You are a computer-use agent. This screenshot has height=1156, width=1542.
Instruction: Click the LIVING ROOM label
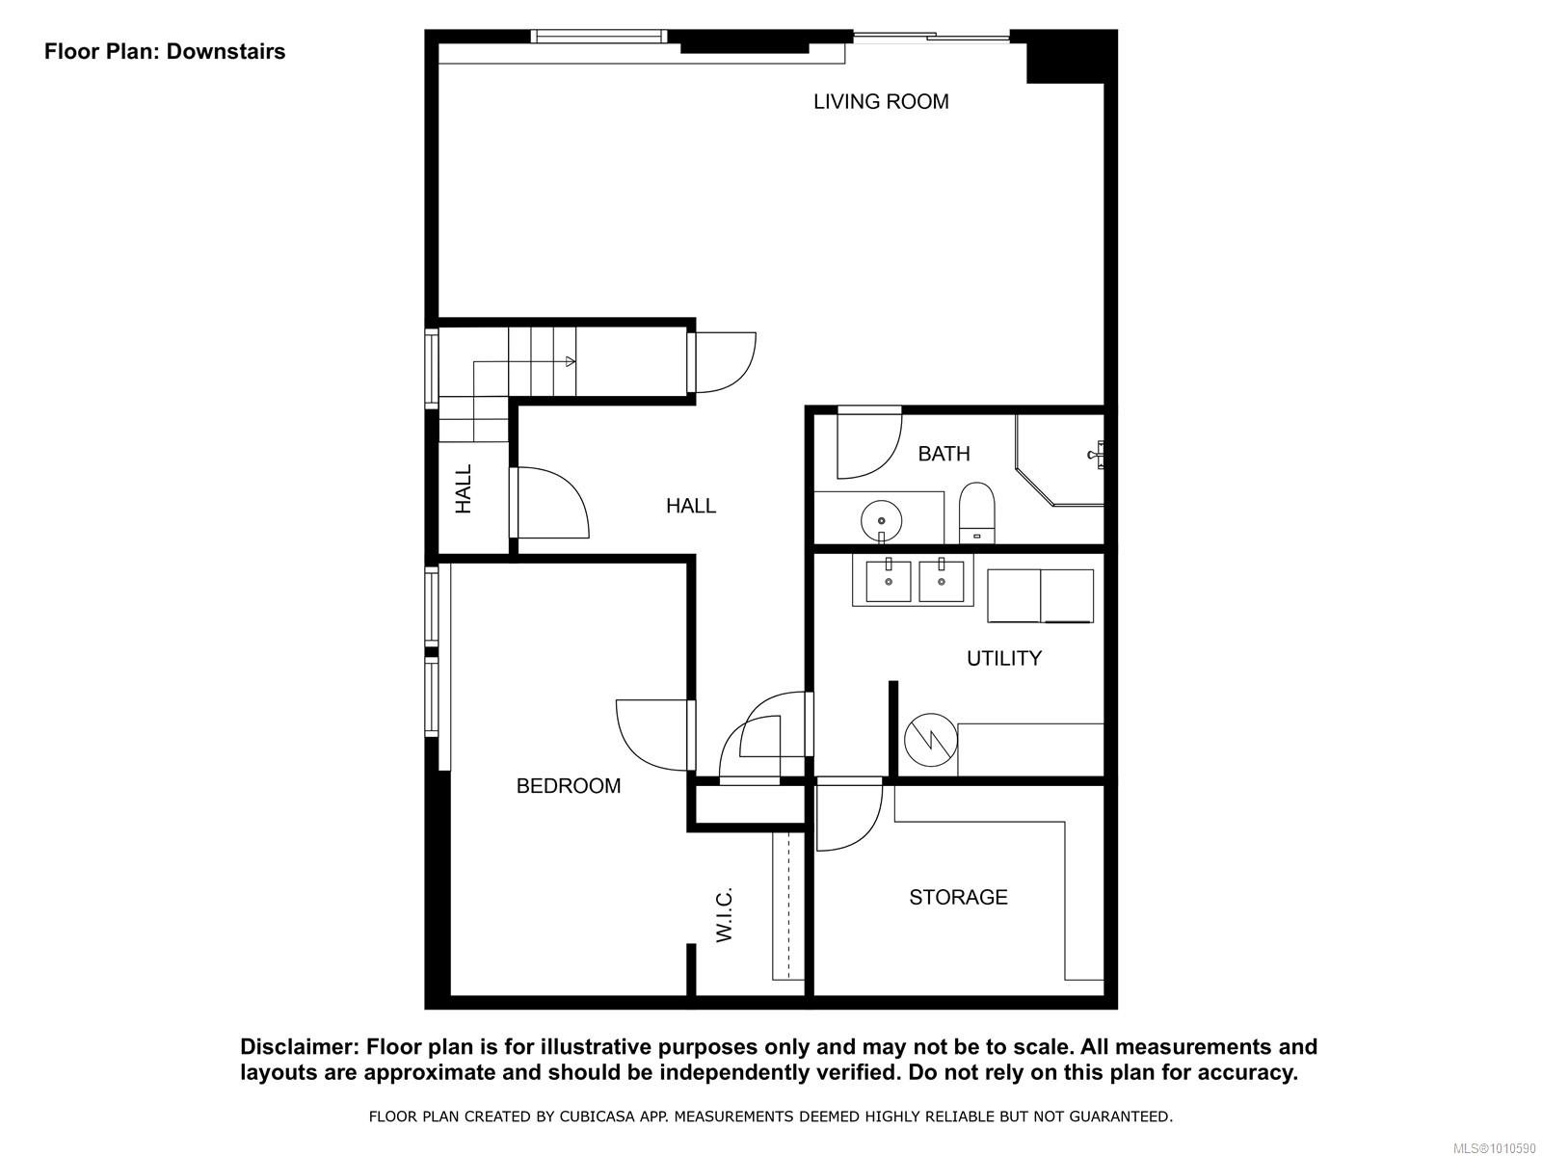click(881, 101)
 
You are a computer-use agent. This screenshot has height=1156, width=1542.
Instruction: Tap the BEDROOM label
click(569, 786)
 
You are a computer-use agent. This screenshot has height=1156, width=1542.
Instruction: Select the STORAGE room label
click(958, 897)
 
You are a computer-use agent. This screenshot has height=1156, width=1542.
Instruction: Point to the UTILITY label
click(1004, 658)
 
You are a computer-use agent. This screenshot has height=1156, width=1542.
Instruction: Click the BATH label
click(944, 454)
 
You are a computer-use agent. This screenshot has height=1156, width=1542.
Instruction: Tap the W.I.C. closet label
click(726, 914)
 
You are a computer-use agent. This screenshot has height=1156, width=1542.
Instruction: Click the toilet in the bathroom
click(976, 514)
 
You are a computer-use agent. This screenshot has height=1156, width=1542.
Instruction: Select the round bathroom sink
click(882, 521)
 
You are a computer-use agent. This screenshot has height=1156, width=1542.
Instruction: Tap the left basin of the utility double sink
click(889, 580)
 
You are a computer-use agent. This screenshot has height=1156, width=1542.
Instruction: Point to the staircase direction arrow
click(570, 362)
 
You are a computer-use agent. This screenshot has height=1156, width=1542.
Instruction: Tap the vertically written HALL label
click(464, 488)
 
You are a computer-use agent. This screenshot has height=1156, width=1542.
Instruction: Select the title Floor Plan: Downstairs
click(165, 51)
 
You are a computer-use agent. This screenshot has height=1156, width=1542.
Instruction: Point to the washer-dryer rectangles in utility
click(1040, 595)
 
